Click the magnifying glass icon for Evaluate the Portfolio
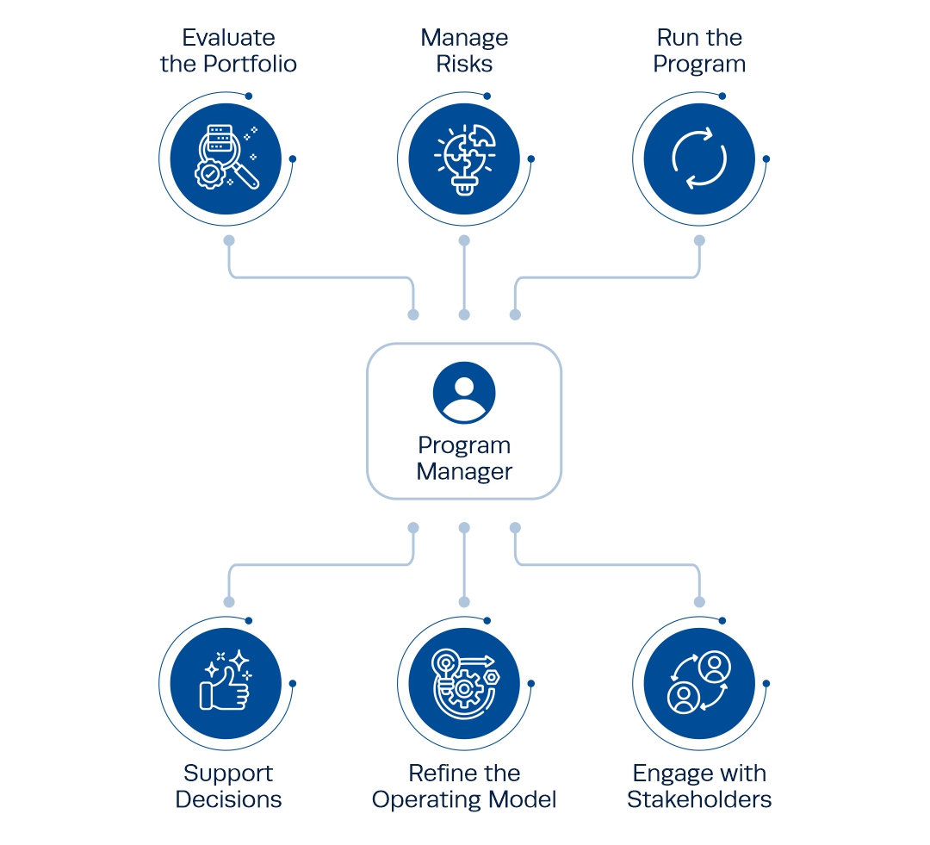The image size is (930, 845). coord(226,158)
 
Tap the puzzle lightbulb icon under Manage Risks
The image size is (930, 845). coord(464,158)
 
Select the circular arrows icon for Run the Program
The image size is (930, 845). coord(699,158)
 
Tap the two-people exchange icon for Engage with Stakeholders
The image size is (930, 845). coord(699,682)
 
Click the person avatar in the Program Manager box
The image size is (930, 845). coord(464,392)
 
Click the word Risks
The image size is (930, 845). coord(464,64)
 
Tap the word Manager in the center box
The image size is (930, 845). coord(464,472)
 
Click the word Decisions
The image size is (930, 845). coord(228,799)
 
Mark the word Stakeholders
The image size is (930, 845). coord(699,799)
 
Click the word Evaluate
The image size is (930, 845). coord(228,38)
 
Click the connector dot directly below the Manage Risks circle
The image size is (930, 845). coord(464,240)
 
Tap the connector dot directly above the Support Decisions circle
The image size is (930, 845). coord(229,602)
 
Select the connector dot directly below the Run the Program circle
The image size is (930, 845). coord(699,240)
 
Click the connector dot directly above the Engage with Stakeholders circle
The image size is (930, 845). coord(699,602)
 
